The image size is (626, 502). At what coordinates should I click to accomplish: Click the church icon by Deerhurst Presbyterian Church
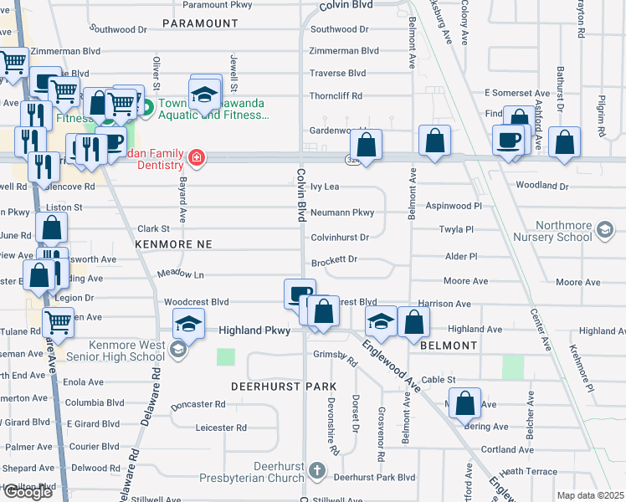(316, 470)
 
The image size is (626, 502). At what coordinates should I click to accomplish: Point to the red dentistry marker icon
(197, 157)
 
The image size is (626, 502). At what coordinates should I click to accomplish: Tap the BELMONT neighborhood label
(449, 345)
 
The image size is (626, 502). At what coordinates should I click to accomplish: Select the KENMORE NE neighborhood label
(172, 243)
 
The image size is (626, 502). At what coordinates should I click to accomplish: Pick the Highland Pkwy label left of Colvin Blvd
(254, 330)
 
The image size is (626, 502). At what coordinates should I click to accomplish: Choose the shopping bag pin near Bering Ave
(465, 404)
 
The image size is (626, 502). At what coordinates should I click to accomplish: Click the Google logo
(28, 492)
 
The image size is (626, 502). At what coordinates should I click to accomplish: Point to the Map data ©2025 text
(590, 495)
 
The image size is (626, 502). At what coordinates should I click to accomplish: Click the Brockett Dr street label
(334, 260)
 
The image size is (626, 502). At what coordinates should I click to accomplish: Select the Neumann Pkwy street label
(341, 213)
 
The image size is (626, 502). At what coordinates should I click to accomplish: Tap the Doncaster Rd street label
(198, 404)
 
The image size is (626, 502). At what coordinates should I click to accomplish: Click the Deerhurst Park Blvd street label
(374, 478)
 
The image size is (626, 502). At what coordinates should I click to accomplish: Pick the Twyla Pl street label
(457, 229)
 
